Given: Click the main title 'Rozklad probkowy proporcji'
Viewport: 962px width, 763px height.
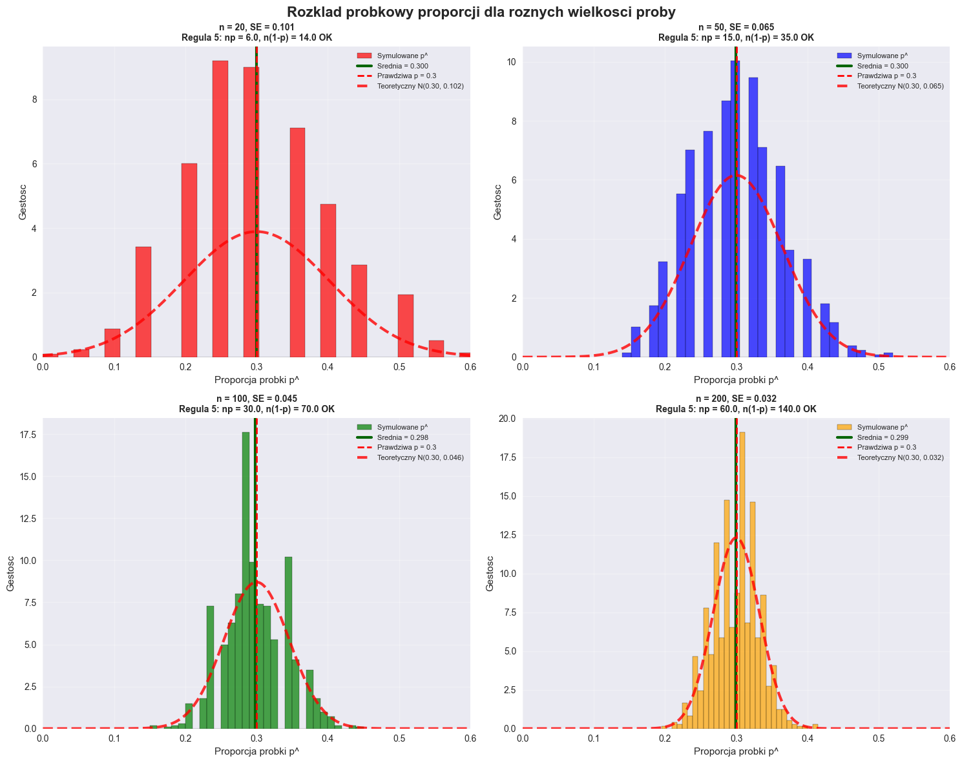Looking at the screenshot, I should click(x=481, y=12).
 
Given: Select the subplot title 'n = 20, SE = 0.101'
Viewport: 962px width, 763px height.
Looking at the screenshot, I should click(x=256, y=28).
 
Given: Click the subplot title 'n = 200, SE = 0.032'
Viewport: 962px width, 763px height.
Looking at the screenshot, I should click(x=736, y=399).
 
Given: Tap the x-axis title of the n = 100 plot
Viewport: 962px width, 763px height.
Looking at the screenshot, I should click(x=256, y=751).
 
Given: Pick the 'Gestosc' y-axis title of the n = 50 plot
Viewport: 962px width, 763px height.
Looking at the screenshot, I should click(x=497, y=202).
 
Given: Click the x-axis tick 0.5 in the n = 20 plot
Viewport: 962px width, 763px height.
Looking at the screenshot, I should click(x=399, y=367).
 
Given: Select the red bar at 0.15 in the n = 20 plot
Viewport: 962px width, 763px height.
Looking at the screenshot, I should click(x=143, y=302).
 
